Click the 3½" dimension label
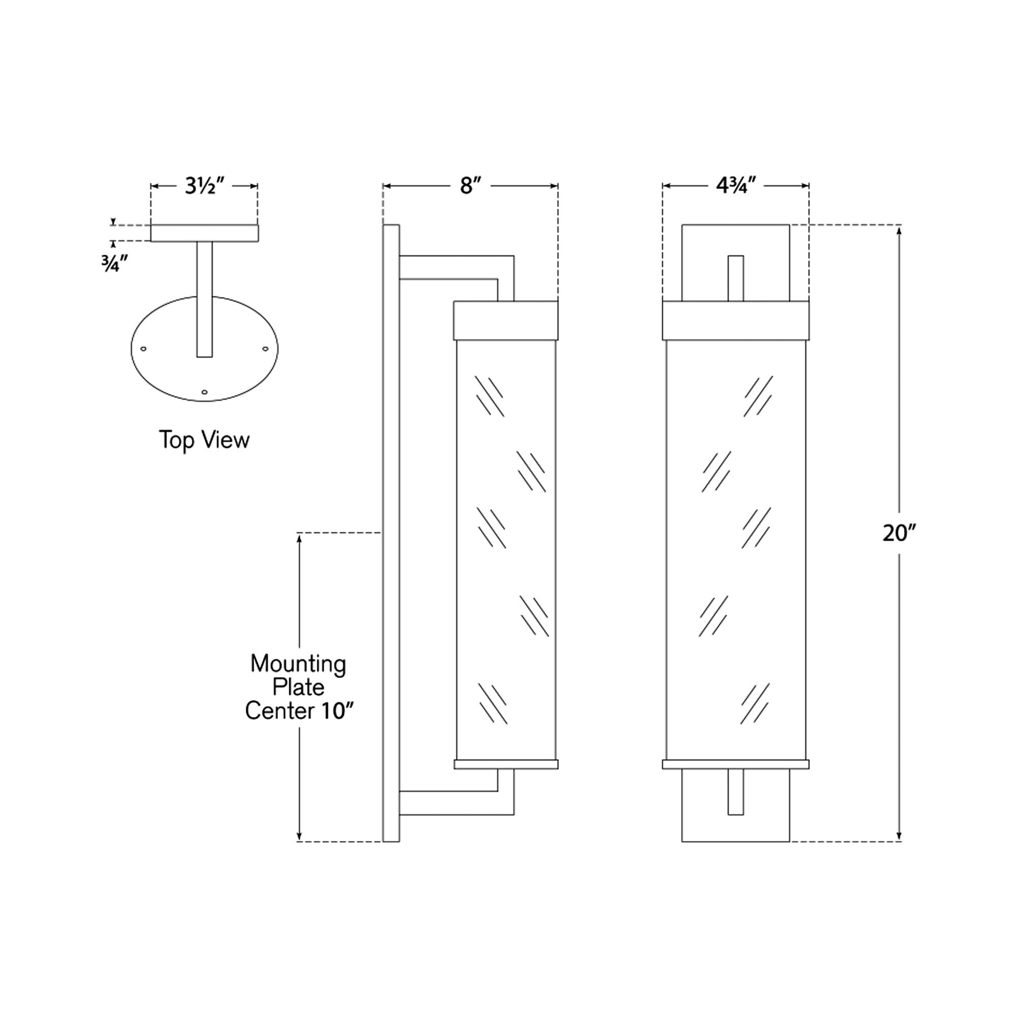(x=205, y=186)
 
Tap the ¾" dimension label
(x=115, y=264)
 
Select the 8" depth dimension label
(x=470, y=186)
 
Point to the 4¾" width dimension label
(x=736, y=186)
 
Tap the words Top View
(x=205, y=440)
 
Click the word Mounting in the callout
(x=298, y=664)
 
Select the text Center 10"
(x=298, y=711)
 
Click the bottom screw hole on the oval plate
(x=205, y=392)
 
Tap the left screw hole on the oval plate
(x=143, y=348)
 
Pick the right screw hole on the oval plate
(x=265, y=348)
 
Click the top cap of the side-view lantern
(x=505, y=320)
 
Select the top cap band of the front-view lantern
(x=736, y=320)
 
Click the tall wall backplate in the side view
(x=391, y=532)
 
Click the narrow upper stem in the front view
(x=736, y=278)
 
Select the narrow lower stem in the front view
(x=736, y=799)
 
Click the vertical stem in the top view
(x=205, y=299)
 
